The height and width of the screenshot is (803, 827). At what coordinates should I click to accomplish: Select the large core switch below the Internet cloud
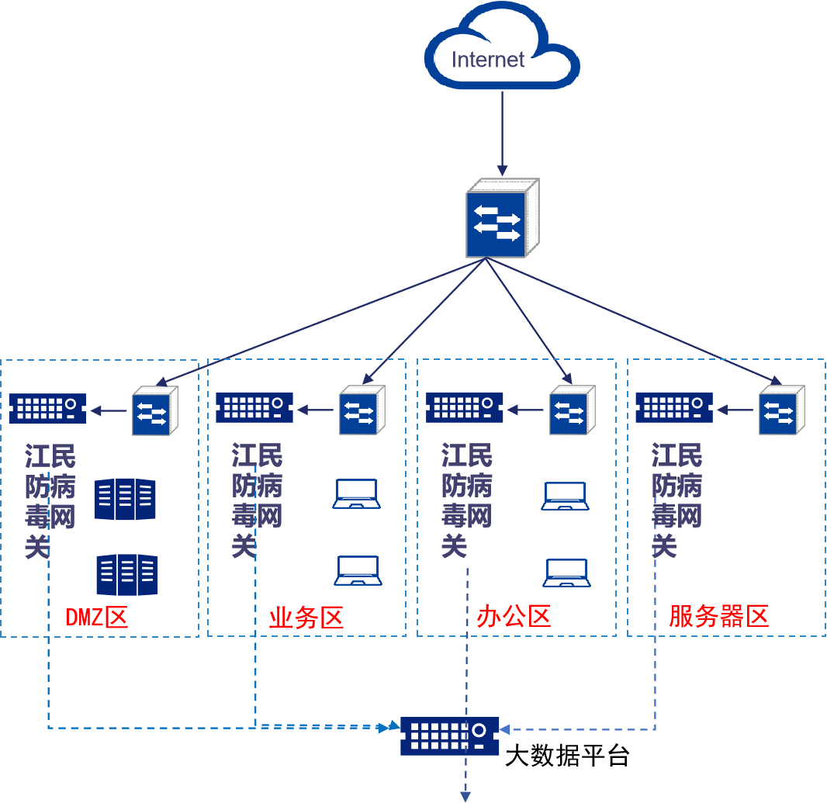coord(500,219)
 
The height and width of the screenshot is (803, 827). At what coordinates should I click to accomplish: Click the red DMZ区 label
coord(96,618)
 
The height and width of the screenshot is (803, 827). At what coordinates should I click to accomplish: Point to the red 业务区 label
coord(306,618)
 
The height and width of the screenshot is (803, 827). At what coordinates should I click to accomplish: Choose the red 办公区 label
coord(514,617)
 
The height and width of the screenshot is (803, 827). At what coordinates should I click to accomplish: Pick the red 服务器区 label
coord(718,617)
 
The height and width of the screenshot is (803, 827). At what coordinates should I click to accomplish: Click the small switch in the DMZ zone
coord(154,410)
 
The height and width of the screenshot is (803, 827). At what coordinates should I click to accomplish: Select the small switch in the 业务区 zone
coord(362,410)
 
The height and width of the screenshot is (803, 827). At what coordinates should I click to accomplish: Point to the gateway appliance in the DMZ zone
coord(47,407)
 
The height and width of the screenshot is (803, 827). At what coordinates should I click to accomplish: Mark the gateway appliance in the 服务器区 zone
coord(673,407)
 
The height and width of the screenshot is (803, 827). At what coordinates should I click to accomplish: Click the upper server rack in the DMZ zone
coord(125,498)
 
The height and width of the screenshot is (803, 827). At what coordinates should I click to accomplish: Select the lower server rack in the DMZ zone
coord(126,574)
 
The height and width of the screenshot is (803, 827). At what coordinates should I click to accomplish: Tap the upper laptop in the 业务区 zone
coord(357,494)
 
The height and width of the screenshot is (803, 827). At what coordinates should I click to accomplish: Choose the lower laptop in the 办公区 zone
coord(567,573)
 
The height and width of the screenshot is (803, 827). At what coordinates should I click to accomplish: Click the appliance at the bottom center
coord(450,736)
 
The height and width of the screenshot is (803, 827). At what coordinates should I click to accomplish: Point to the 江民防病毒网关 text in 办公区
coord(466,500)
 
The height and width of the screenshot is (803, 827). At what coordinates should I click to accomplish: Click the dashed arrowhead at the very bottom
coord(466,794)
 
